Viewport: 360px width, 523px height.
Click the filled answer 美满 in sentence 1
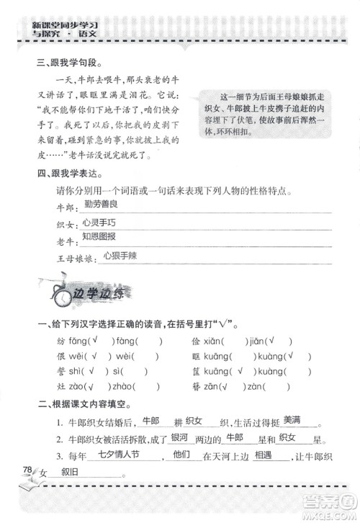(292, 421)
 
